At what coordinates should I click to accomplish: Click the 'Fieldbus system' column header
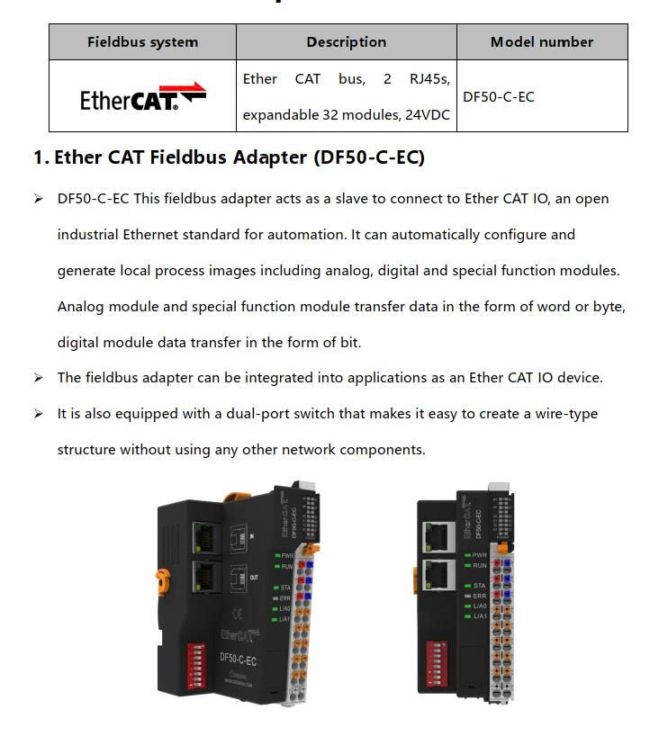tap(142, 41)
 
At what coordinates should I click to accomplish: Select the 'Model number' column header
tap(542, 41)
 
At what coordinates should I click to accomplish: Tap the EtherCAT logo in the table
tap(143, 96)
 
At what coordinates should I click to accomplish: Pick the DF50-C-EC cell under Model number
tap(499, 96)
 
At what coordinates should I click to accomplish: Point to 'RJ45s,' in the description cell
tap(429, 79)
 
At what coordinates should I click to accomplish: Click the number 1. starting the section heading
tap(41, 157)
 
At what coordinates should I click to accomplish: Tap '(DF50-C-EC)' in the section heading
tap(369, 157)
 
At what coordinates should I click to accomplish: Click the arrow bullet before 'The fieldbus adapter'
tap(38, 378)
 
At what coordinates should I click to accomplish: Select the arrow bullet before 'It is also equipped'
tap(38, 414)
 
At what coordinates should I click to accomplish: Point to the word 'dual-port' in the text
tap(257, 414)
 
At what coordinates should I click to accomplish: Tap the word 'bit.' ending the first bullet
tap(350, 343)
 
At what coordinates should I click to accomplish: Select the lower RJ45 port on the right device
tap(438, 575)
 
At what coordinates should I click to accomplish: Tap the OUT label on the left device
tap(254, 577)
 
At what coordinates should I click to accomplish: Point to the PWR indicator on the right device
tap(475, 555)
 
